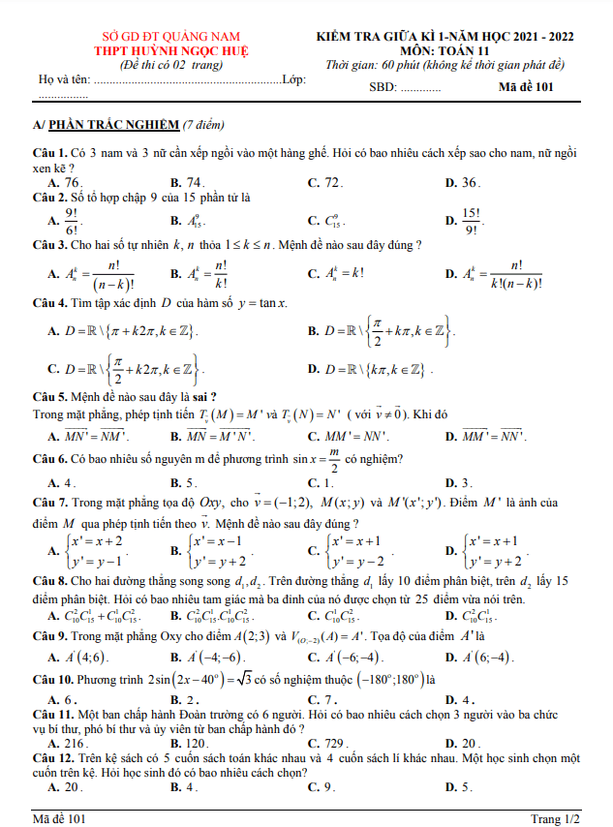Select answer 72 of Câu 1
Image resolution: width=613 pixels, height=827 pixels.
(332, 182)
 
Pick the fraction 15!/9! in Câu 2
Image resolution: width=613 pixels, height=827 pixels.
(472, 221)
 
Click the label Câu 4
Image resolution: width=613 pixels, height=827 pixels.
(48, 303)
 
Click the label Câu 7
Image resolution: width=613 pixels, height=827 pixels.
(48, 504)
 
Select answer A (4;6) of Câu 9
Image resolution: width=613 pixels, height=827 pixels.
(84, 658)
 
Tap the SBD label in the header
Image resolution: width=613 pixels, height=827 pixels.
(383, 87)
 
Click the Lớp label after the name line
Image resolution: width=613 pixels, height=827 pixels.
(293, 78)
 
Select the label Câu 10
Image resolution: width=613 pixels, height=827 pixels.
(51, 679)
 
